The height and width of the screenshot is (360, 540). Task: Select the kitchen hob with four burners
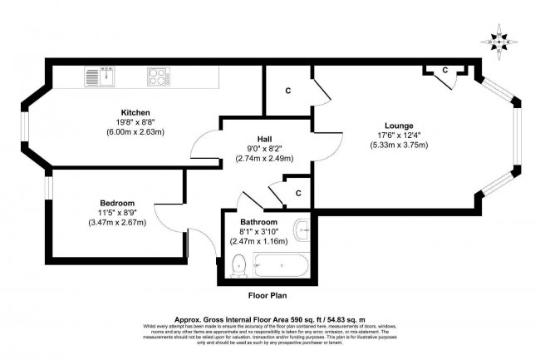(159, 77)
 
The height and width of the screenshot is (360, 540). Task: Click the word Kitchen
(135, 112)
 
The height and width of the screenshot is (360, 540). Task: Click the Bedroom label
(117, 203)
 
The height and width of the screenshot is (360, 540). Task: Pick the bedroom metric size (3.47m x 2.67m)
(117, 222)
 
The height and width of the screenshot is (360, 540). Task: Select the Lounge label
(400, 126)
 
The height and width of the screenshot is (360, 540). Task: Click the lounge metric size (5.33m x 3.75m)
(400, 145)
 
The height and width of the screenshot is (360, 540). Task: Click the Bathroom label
(258, 222)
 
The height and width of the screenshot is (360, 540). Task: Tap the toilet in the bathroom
(239, 265)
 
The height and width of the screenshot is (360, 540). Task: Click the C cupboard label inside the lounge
(444, 70)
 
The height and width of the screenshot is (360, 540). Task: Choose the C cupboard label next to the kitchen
(287, 89)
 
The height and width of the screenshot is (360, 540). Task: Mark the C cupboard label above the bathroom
(297, 194)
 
